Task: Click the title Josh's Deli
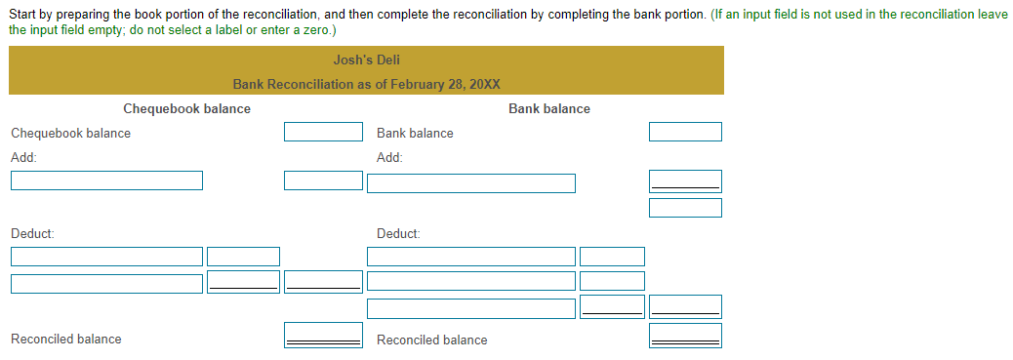pyautogui.click(x=366, y=60)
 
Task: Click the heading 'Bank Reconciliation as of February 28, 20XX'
pyautogui.click(x=366, y=84)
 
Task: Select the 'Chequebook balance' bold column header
pyautogui.click(x=186, y=109)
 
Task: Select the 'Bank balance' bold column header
pyautogui.click(x=548, y=109)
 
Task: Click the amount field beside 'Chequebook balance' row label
pyautogui.click(x=323, y=132)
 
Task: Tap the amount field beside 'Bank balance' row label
pyautogui.click(x=686, y=132)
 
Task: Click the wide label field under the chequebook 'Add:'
pyautogui.click(x=107, y=180)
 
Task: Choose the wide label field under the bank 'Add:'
pyautogui.click(x=471, y=182)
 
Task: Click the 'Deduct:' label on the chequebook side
pyautogui.click(x=32, y=234)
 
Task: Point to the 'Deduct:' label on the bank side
pyautogui.click(x=398, y=234)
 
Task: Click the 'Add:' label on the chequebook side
pyautogui.click(x=23, y=157)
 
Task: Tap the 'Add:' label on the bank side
pyautogui.click(x=389, y=157)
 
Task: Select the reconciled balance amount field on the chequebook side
pyautogui.click(x=323, y=336)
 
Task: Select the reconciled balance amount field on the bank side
pyautogui.click(x=686, y=336)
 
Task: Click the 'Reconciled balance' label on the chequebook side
pyautogui.click(x=66, y=340)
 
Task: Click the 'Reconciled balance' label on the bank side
pyautogui.click(x=431, y=340)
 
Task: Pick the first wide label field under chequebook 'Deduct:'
pyautogui.click(x=107, y=257)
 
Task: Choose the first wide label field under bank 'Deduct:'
pyautogui.click(x=471, y=257)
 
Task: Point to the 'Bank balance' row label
pyautogui.click(x=415, y=134)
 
